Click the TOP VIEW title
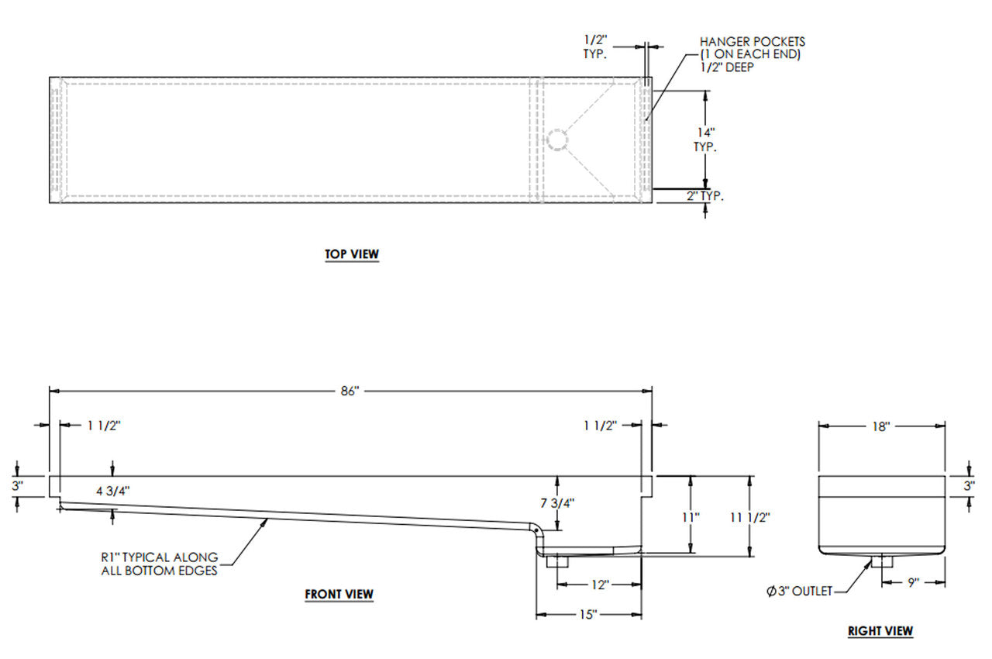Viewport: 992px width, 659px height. [352, 254]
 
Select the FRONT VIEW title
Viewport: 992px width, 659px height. [339, 594]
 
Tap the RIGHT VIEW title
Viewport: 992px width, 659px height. [880, 630]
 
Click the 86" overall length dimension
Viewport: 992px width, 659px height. [350, 391]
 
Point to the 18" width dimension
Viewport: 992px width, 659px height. [881, 426]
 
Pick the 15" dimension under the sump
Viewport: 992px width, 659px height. [588, 615]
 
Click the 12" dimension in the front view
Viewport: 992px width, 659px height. [600, 585]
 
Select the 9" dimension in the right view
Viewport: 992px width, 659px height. [913, 583]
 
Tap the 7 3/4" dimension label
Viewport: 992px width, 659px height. [557, 503]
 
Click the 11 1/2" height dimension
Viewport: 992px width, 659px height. [750, 517]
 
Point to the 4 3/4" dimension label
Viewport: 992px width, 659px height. [113, 491]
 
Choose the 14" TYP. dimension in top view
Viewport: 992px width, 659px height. [705, 140]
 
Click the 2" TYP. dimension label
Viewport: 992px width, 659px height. [705, 195]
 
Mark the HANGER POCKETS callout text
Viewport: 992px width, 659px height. [752, 54]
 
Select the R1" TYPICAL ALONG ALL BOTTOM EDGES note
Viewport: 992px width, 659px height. [160, 564]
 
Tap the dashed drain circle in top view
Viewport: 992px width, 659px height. [556, 140]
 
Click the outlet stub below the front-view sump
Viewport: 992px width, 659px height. [557, 561]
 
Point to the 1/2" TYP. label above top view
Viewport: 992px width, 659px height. [595, 47]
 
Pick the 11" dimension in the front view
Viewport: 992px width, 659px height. [691, 517]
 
